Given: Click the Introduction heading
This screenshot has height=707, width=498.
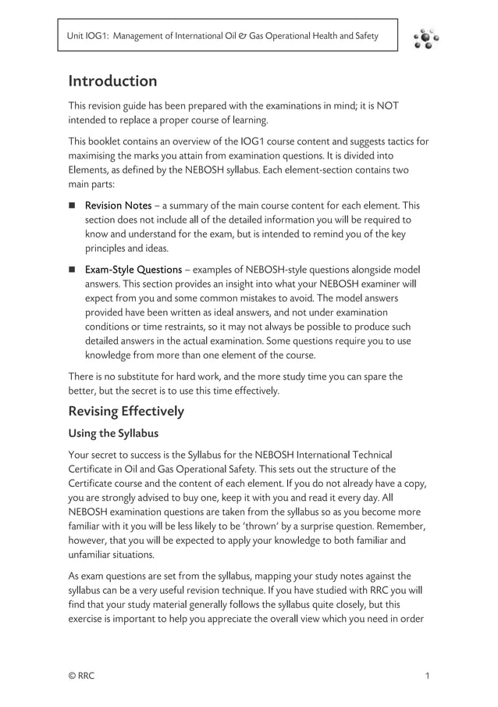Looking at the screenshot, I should (112, 81).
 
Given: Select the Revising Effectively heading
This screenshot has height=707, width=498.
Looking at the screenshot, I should (126, 411).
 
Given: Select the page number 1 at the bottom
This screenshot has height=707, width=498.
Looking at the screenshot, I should (427, 676).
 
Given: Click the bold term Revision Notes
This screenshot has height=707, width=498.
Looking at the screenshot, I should (118, 206).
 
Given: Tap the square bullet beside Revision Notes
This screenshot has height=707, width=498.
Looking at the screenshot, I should (73, 206).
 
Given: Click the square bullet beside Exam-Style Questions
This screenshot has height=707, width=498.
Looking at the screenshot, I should (73, 270).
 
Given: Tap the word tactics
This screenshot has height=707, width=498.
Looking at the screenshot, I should (397, 141).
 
